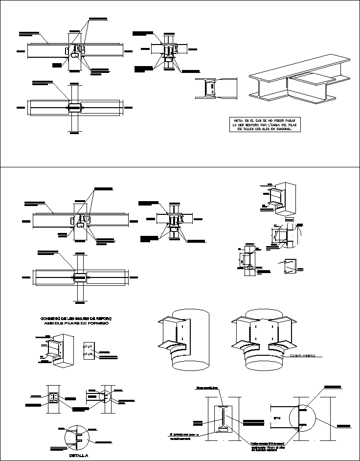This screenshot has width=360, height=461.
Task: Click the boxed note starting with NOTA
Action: coord(267,125)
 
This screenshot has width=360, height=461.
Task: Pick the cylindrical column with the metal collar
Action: coord(263,343)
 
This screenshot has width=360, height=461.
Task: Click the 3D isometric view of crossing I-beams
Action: coord(299,81)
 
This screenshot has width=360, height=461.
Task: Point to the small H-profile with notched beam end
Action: coord(215,89)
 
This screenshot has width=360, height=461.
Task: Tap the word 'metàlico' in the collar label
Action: coord(313,356)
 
